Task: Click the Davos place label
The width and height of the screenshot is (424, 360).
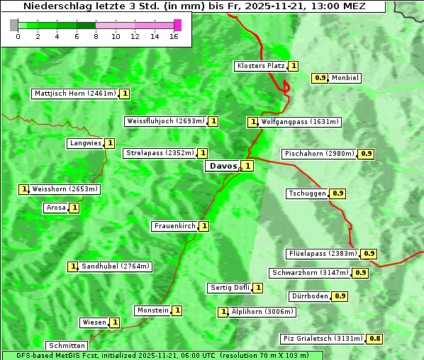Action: pyautogui.click(x=222, y=166)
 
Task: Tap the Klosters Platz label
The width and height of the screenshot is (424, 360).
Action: pyautogui.click(x=260, y=66)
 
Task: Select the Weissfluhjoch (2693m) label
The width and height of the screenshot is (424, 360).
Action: pyautogui.click(x=166, y=121)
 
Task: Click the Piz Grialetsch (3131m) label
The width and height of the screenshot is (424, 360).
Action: pyautogui.click(x=323, y=339)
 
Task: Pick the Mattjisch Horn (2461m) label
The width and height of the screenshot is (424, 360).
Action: pyautogui.click(x=74, y=93)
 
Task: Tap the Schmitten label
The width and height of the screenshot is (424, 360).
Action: pyautogui.click(x=67, y=346)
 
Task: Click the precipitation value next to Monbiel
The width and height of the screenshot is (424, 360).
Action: pyautogui.click(x=320, y=78)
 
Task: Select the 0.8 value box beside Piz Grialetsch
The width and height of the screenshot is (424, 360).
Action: pyautogui.click(x=375, y=339)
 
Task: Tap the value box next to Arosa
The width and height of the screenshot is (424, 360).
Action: pyautogui.click(x=74, y=208)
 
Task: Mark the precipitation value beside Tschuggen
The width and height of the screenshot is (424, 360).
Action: pyautogui.click(x=338, y=193)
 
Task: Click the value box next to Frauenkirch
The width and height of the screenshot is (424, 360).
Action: pyautogui.click(x=204, y=226)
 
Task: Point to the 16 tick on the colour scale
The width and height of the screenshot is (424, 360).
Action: pyautogui.click(x=173, y=36)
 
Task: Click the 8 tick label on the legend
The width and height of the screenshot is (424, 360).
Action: pyautogui.click(x=96, y=36)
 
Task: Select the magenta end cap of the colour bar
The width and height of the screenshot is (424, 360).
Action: pyautogui.click(x=177, y=25)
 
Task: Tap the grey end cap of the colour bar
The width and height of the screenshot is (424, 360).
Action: pyautogui.click(x=14, y=25)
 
